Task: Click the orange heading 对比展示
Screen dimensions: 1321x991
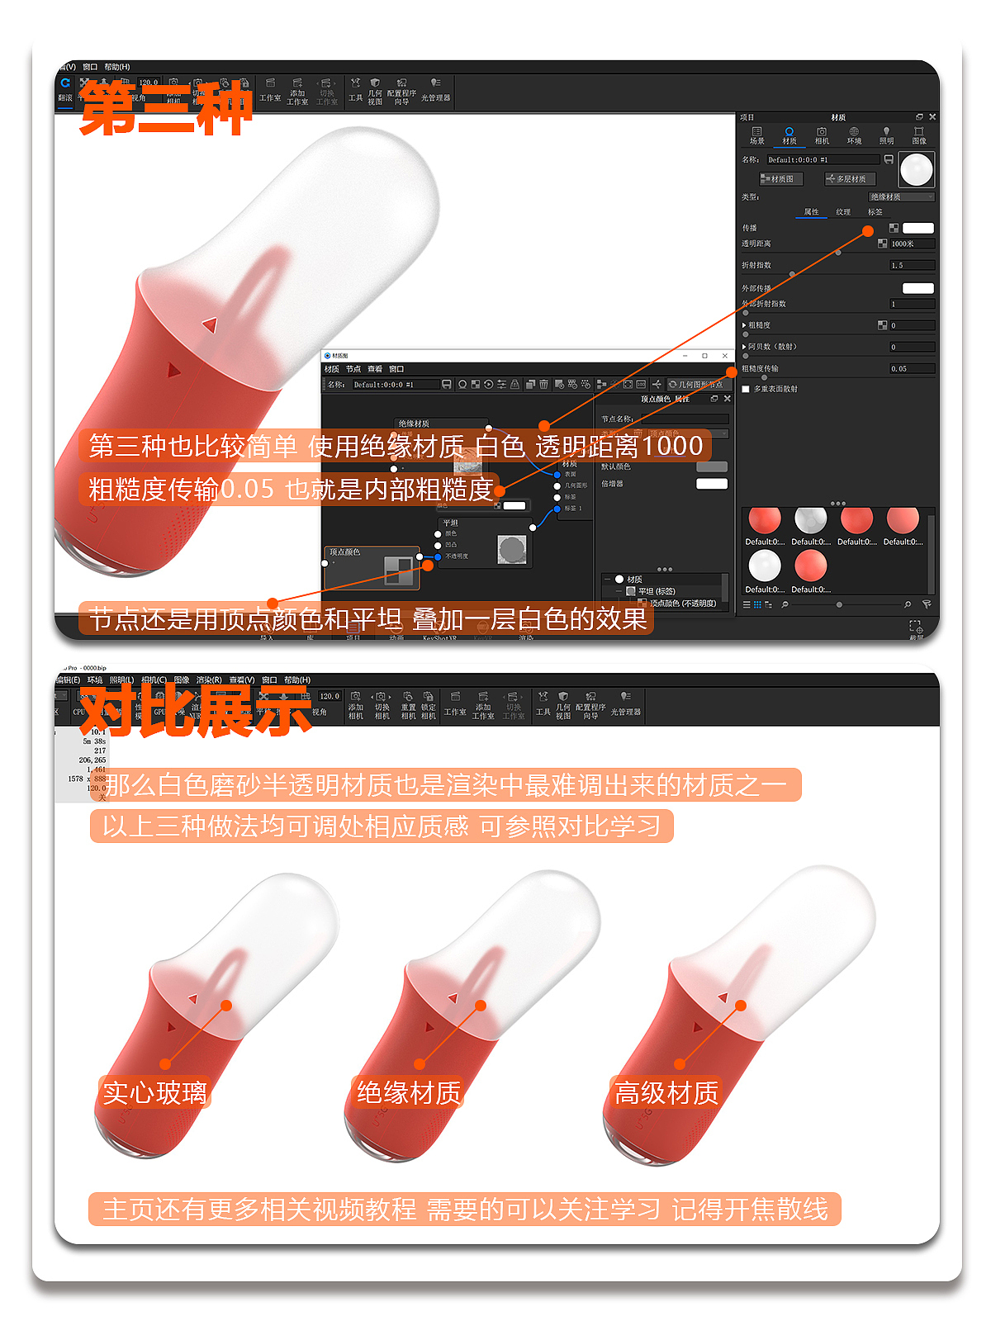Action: point(195,711)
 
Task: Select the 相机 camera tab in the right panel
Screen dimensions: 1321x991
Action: point(822,135)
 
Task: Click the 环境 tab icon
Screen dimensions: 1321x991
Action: point(854,135)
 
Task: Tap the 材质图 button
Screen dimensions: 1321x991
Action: point(777,178)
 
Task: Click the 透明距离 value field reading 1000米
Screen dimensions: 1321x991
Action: point(911,244)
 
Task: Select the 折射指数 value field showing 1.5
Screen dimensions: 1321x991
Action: point(911,265)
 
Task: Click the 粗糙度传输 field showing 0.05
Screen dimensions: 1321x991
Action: point(911,368)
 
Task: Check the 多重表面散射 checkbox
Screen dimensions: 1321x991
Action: point(746,389)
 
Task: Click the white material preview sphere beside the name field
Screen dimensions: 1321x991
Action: point(916,169)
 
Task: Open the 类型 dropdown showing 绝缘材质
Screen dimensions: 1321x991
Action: point(901,196)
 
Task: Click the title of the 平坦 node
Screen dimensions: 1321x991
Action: point(450,523)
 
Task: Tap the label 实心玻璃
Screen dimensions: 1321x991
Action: point(154,1093)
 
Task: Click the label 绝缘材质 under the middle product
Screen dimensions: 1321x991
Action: point(409,1093)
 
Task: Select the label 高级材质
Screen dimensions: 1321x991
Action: point(666,1093)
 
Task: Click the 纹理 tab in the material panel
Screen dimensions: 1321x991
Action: point(842,212)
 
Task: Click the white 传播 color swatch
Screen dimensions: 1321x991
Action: point(918,228)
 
